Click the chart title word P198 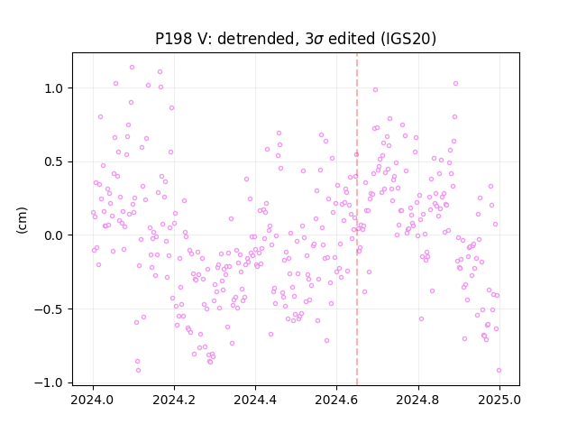173,39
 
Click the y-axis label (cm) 22,220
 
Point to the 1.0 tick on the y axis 54,88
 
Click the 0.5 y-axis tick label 54,162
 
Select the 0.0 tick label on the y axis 54,235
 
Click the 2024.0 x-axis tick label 93,400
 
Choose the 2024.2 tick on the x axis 174,400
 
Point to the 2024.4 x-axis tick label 255,400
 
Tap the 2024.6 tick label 336,400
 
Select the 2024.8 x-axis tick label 417,400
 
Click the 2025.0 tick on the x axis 499,400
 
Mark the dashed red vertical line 357,219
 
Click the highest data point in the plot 132,68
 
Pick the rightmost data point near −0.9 499,371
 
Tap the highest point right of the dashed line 455,84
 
